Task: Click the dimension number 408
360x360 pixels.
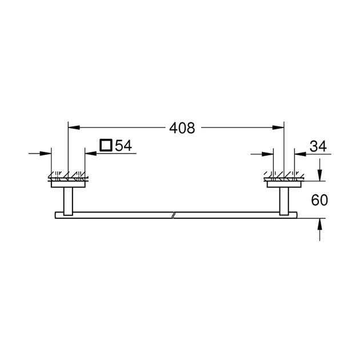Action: [x=182, y=129]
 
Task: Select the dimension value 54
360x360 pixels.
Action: [x=123, y=146]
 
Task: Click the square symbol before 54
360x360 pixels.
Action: [x=106, y=146]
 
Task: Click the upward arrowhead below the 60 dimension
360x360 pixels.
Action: [x=320, y=225]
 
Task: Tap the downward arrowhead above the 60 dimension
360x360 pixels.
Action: [x=320, y=174]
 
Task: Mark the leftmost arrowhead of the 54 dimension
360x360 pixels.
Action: [x=47, y=154]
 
